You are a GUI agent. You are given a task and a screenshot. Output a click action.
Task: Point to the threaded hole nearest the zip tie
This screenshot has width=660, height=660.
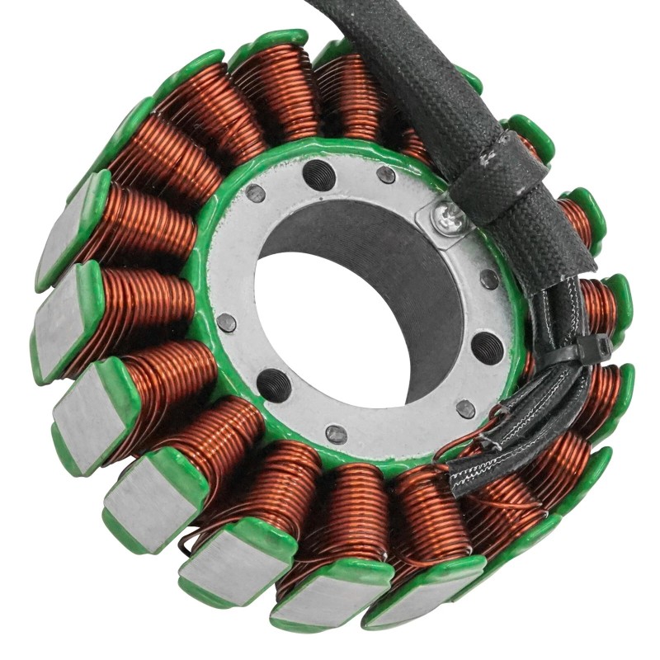tap(487, 346)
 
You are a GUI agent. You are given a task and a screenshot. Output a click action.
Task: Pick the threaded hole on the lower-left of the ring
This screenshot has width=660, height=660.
tap(273, 384)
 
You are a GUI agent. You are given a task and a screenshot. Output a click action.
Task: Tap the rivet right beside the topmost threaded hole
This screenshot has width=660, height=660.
tap(385, 175)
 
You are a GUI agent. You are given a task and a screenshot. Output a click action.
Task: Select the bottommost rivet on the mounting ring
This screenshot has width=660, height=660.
tap(336, 433)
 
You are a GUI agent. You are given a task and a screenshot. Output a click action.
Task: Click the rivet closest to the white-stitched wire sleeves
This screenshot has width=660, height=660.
tap(465, 408)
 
